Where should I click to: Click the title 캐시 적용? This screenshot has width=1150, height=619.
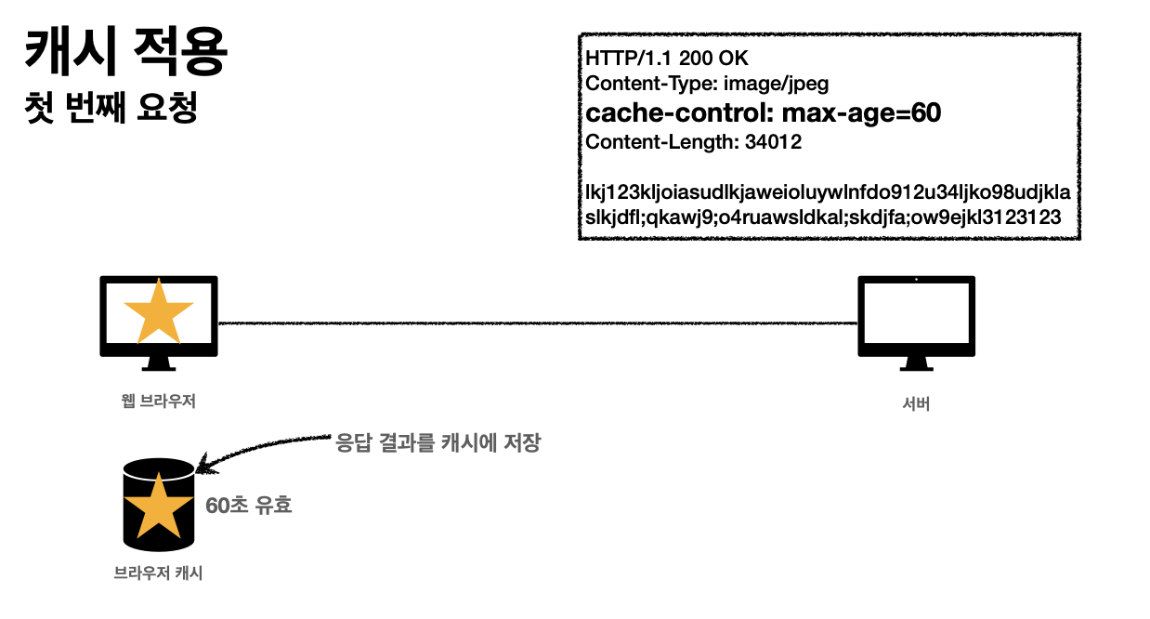126,53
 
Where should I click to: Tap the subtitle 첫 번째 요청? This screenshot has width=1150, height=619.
112,109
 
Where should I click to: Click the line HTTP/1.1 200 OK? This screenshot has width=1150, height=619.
660,59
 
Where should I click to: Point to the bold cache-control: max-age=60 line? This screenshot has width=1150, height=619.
763,113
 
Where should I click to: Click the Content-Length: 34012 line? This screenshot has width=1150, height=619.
693,142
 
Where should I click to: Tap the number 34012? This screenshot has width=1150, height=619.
773,142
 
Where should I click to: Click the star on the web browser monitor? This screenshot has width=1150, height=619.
159,311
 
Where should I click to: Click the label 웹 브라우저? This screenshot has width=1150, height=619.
158,402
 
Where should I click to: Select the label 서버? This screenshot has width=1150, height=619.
915,404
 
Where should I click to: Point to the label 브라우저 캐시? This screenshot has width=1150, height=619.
158,573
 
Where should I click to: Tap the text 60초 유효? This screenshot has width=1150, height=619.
248,506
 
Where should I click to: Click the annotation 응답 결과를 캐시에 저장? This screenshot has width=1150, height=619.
437,442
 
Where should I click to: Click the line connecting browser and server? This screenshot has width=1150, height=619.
539,323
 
